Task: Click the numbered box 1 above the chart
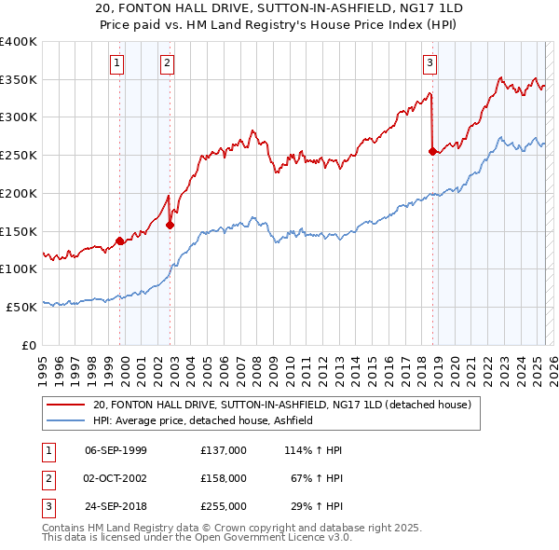(116, 63)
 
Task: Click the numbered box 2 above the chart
(167, 63)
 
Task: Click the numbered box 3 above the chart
(429, 63)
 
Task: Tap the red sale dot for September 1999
(120, 241)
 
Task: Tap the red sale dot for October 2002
(170, 225)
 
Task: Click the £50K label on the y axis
(20, 306)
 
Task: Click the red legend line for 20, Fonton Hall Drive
(66, 405)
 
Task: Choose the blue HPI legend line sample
(66, 420)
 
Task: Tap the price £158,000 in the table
(223, 478)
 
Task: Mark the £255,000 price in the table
(223, 506)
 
